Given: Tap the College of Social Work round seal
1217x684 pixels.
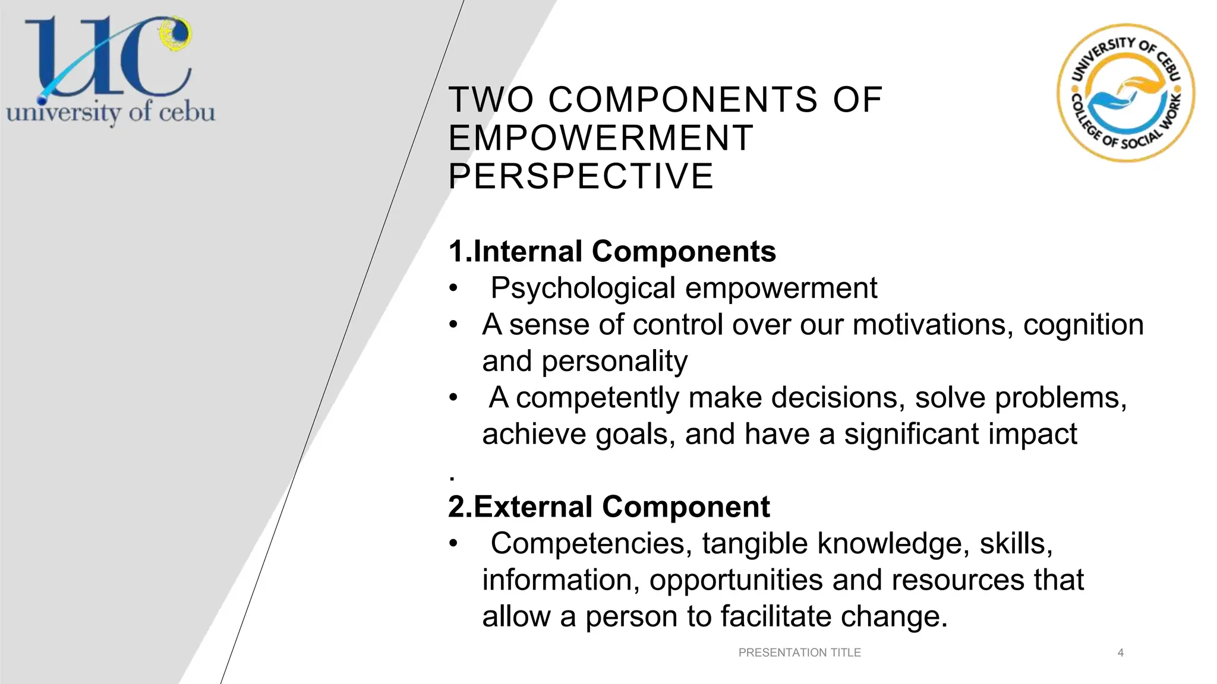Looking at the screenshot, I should tap(1125, 93).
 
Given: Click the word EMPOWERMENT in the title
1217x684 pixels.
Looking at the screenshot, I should tap(601, 138).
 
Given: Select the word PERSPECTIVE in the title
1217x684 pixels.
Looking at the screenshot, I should tap(581, 176).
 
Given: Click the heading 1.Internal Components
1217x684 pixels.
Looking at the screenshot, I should tap(612, 251).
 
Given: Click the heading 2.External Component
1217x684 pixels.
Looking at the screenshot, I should tap(608, 506).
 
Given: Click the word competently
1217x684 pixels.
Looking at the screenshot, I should tap(597, 398).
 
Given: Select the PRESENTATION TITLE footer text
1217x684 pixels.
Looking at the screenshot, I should tap(799, 653).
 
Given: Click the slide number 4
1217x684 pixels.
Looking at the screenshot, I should tap(1120, 653).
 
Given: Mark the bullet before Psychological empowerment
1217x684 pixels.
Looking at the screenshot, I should tap(453, 289).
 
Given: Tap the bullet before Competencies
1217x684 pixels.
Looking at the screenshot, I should tap(453, 544).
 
